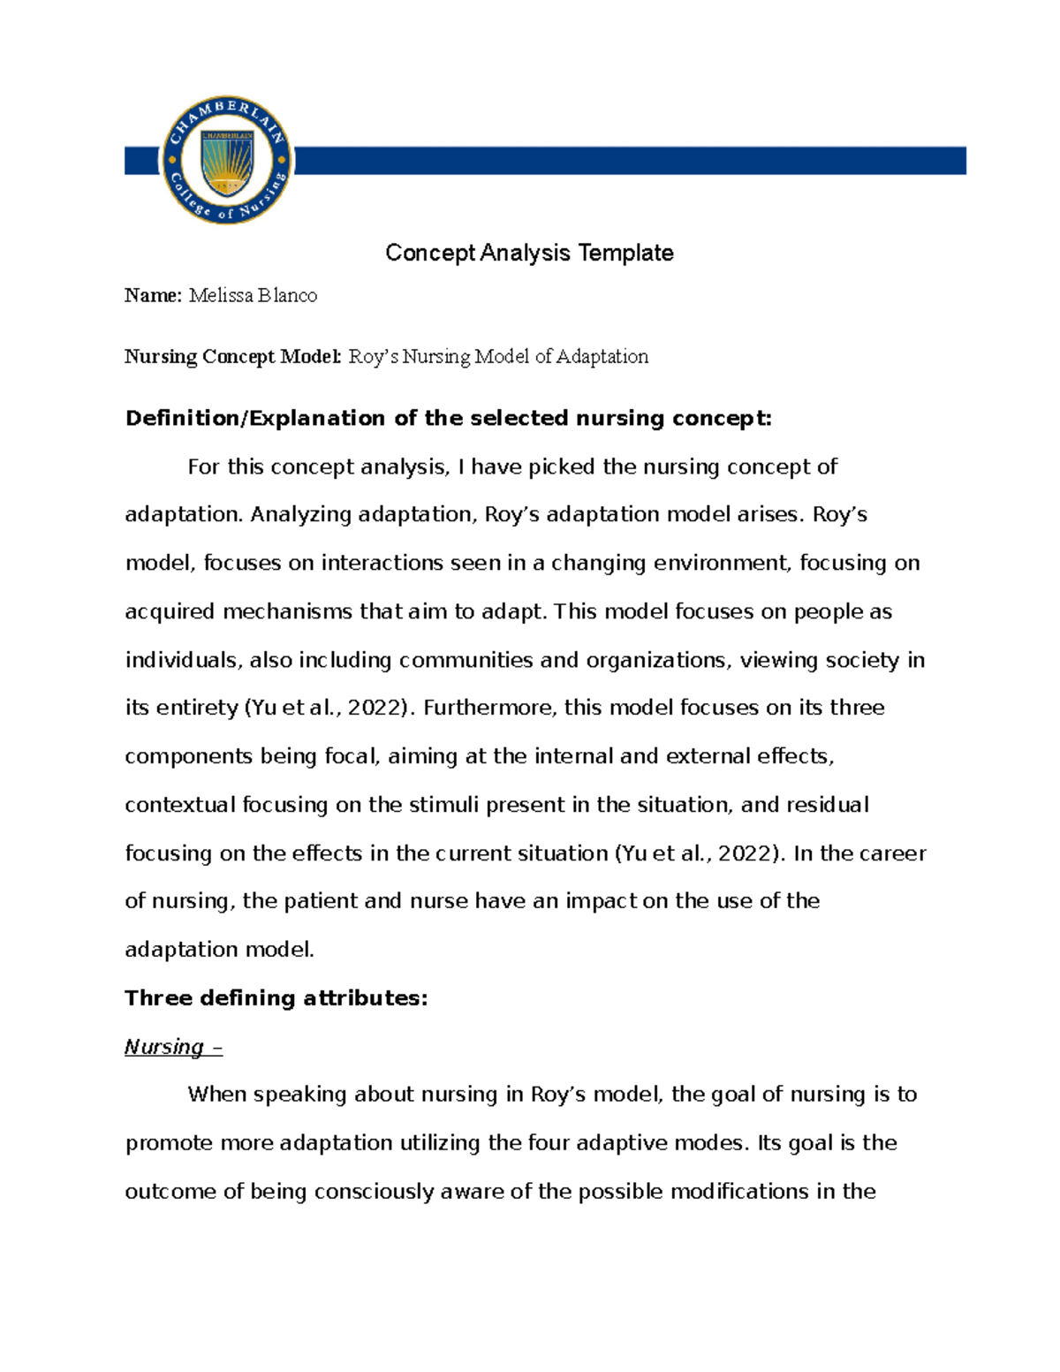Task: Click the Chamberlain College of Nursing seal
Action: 227,160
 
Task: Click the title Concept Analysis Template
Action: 529,254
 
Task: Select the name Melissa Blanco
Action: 253,296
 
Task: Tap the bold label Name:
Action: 153,296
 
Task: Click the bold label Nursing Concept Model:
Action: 232,357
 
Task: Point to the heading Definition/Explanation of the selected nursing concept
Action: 448,418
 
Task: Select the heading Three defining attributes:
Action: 276,998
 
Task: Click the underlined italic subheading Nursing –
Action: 173,1047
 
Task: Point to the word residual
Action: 827,805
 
